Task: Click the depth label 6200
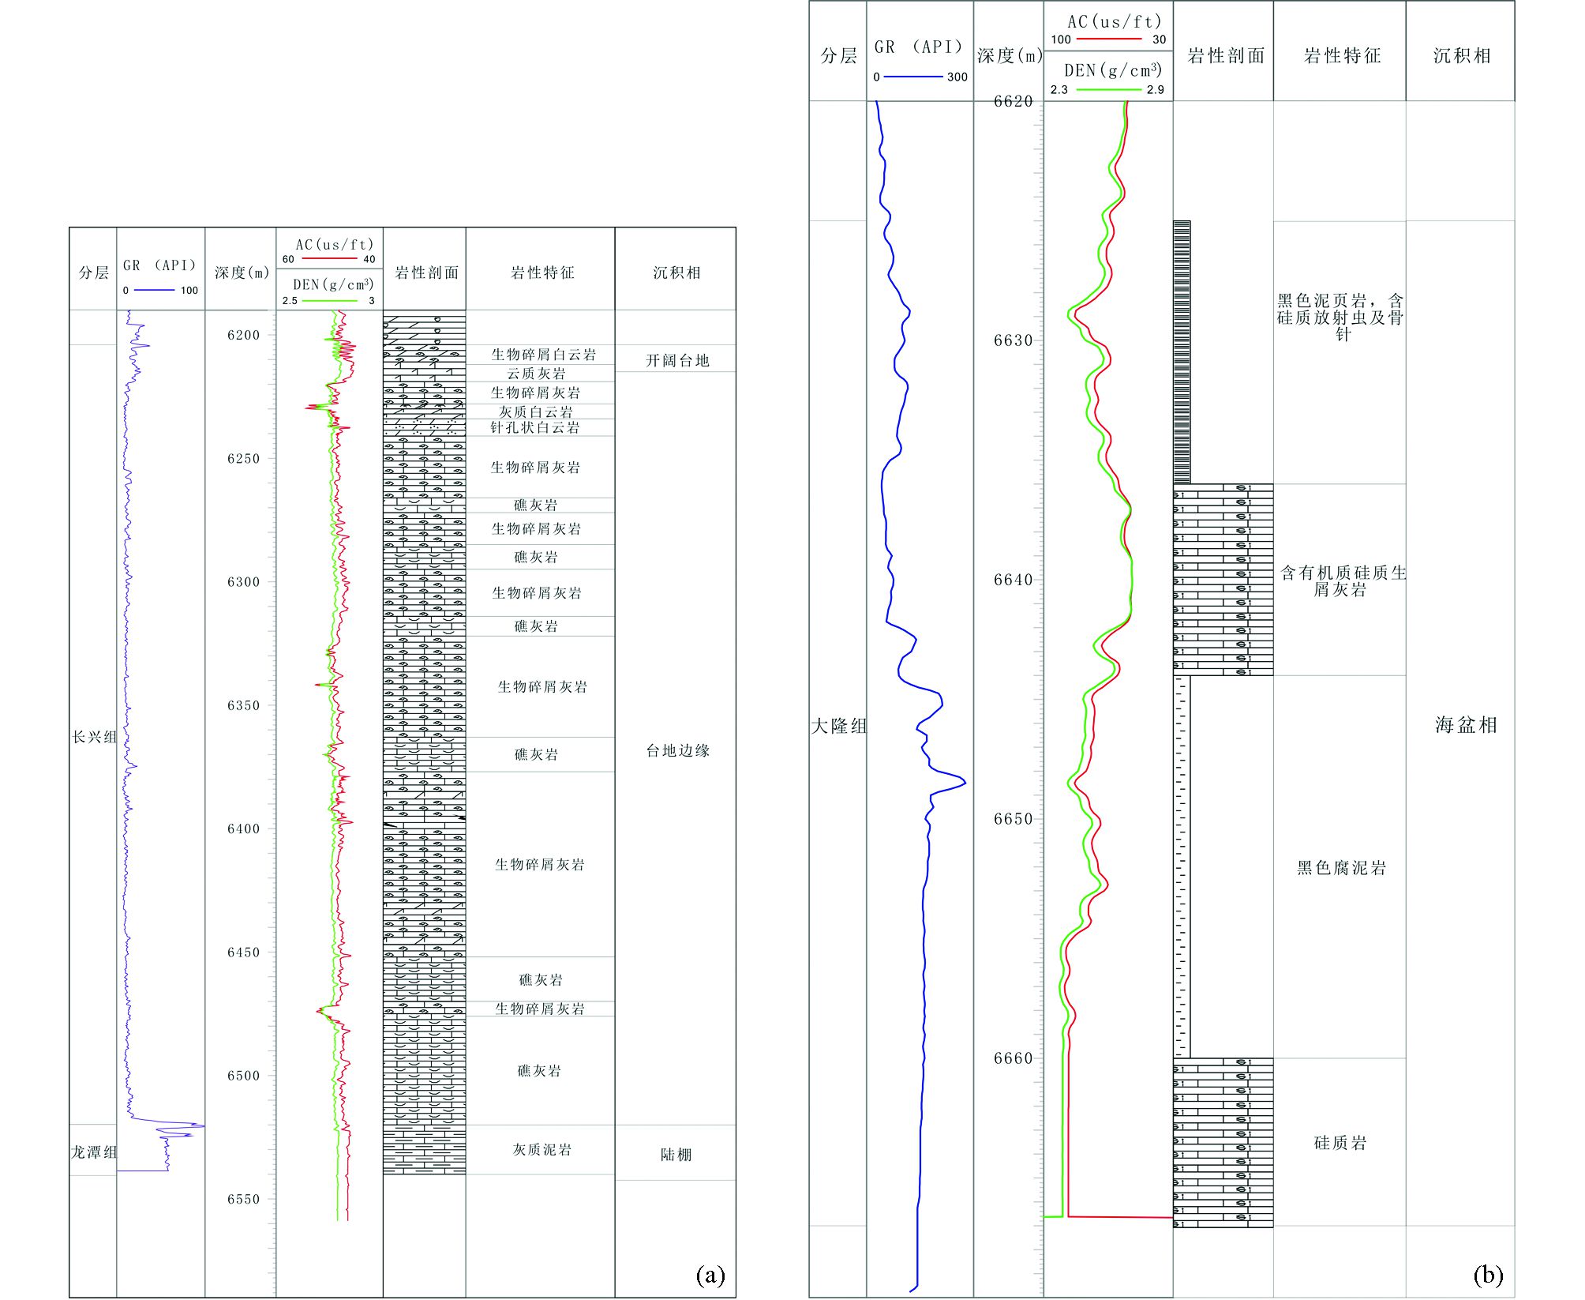click(x=243, y=335)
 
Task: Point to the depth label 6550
click(x=243, y=1199)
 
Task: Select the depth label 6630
click(x=1013, y=340)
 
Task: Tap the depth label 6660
click(x=1013, y=1058)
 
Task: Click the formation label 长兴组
click(x=94, y=737)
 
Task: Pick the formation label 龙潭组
click(x=94, y=1152)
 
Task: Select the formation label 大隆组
click(x=838, y=726)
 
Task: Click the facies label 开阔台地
click(x=677, y=361)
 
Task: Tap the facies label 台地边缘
click(x=677, y=751)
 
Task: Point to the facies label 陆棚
click(x=676, y=1155)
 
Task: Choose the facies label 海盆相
click(x=1466, y=725)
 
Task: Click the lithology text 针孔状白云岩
click(x=534, y=428)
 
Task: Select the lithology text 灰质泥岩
click(x=541, y=1150)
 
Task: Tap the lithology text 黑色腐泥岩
click(x=1341, y=868)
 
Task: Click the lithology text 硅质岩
click(x=1340, y=1143)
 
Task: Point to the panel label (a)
click(x=710, y=1276)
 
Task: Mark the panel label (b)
click(x=1488, y=1276)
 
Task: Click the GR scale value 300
click(x=957, y=77)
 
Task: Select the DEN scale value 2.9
click(x=1155, y=90)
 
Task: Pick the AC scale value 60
click(x=288, y=259)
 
